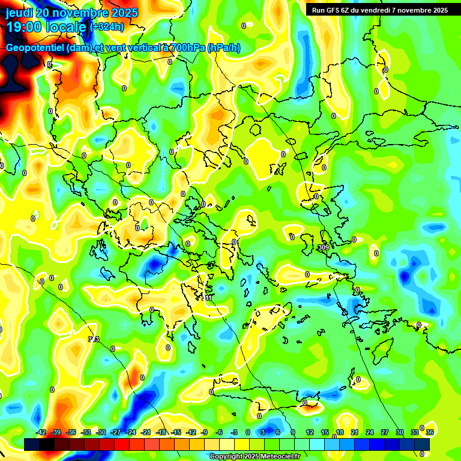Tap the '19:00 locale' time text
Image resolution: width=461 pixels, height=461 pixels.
coord(46,27)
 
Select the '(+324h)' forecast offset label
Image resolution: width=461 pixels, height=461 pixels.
coord(107,27)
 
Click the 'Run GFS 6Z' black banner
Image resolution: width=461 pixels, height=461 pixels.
coord(380,10)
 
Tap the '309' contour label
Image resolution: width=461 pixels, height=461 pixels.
coord(324,247)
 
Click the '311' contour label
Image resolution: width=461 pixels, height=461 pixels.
coord(207,298)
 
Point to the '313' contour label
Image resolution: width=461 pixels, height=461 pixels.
coord(94,339)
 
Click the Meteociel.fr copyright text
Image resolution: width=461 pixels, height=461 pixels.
coord(255,456)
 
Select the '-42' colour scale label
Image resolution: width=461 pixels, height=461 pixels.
coord(41,432)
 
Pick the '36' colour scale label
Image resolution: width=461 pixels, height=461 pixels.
coord(430,432)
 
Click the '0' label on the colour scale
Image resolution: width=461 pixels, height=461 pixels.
coord(248,432)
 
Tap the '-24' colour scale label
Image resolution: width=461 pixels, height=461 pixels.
coord(131,432)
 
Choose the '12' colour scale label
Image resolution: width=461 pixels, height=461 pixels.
coord(309,432)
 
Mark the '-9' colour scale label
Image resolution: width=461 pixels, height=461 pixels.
coord(204,432)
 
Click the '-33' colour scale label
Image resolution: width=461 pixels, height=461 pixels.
coord(86,432)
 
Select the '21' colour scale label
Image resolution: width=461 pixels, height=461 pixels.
coord(354,432)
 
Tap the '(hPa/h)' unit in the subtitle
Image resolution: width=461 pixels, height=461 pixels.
coord(224,48)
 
